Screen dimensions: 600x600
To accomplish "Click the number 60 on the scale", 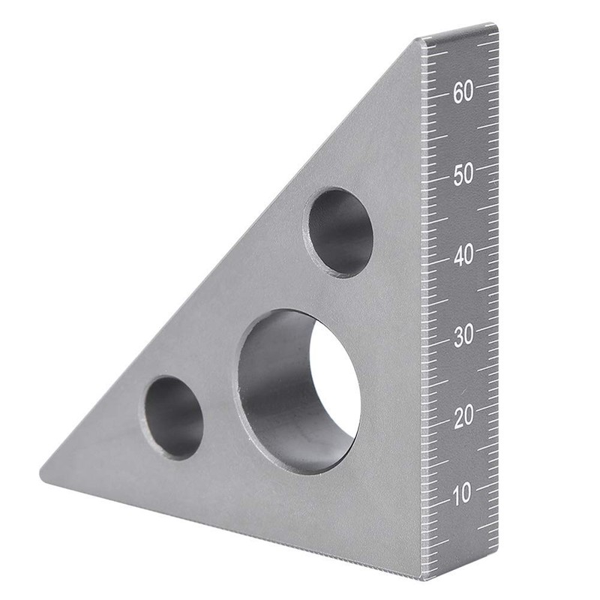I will coord(463,93).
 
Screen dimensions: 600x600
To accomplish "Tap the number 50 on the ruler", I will coord(463,174).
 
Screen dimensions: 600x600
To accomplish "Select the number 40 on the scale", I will coord(463,256).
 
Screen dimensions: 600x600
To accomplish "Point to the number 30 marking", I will coord(463,336).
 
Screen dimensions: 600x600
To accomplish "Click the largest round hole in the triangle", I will coord(298,391).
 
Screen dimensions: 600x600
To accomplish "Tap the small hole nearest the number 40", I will coord(338,231).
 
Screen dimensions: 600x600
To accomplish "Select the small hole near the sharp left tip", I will coord(174,417).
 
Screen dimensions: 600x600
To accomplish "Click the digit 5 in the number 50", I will coord(457,174).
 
